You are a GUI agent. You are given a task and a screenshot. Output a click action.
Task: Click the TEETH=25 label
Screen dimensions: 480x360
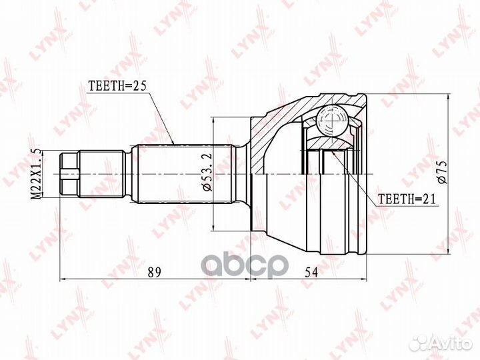click(117, 86)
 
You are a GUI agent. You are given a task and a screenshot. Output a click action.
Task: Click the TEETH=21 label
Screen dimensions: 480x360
click(407, 199)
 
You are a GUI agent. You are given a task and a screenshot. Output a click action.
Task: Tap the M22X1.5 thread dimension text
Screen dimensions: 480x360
click(36, 173)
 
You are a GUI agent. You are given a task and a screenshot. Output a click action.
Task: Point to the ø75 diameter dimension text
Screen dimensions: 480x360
click(442, 173)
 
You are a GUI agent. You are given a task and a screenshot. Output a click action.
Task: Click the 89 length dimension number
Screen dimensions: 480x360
click(154, 272)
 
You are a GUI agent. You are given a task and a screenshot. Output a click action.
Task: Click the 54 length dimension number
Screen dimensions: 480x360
click(311, 272)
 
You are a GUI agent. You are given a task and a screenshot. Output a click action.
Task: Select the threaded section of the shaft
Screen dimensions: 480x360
click(102, 173)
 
